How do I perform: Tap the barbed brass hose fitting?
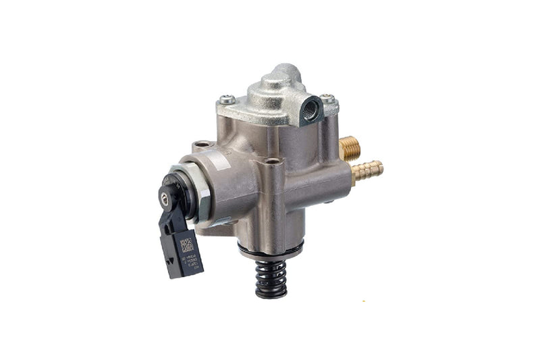369,171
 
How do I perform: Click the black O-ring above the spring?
270,251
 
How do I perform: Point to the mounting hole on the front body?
273,161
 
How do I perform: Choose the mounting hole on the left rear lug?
202,145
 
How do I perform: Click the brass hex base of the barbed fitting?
354,177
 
